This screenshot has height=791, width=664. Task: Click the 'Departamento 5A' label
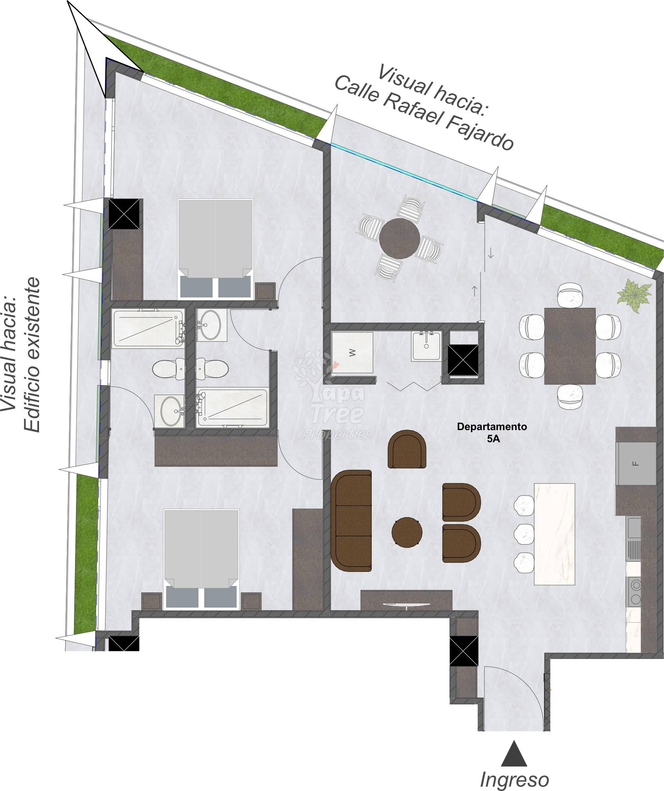(x=492, y=432)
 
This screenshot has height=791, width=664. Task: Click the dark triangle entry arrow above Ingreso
(x=514, y=753)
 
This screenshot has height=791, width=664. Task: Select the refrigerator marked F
(x=636, y=463)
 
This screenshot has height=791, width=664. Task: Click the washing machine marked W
(x=352, y=352)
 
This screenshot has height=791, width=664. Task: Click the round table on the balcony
(x=400, y=238)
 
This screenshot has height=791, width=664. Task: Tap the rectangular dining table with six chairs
(x=570, y=346)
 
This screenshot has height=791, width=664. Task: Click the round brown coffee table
(x=407, y=532)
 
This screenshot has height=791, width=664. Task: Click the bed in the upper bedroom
(x=215, y=249)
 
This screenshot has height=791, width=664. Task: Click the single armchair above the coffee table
(x=407, y=449)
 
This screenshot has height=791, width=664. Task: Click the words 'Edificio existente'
(x=31, y=355)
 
